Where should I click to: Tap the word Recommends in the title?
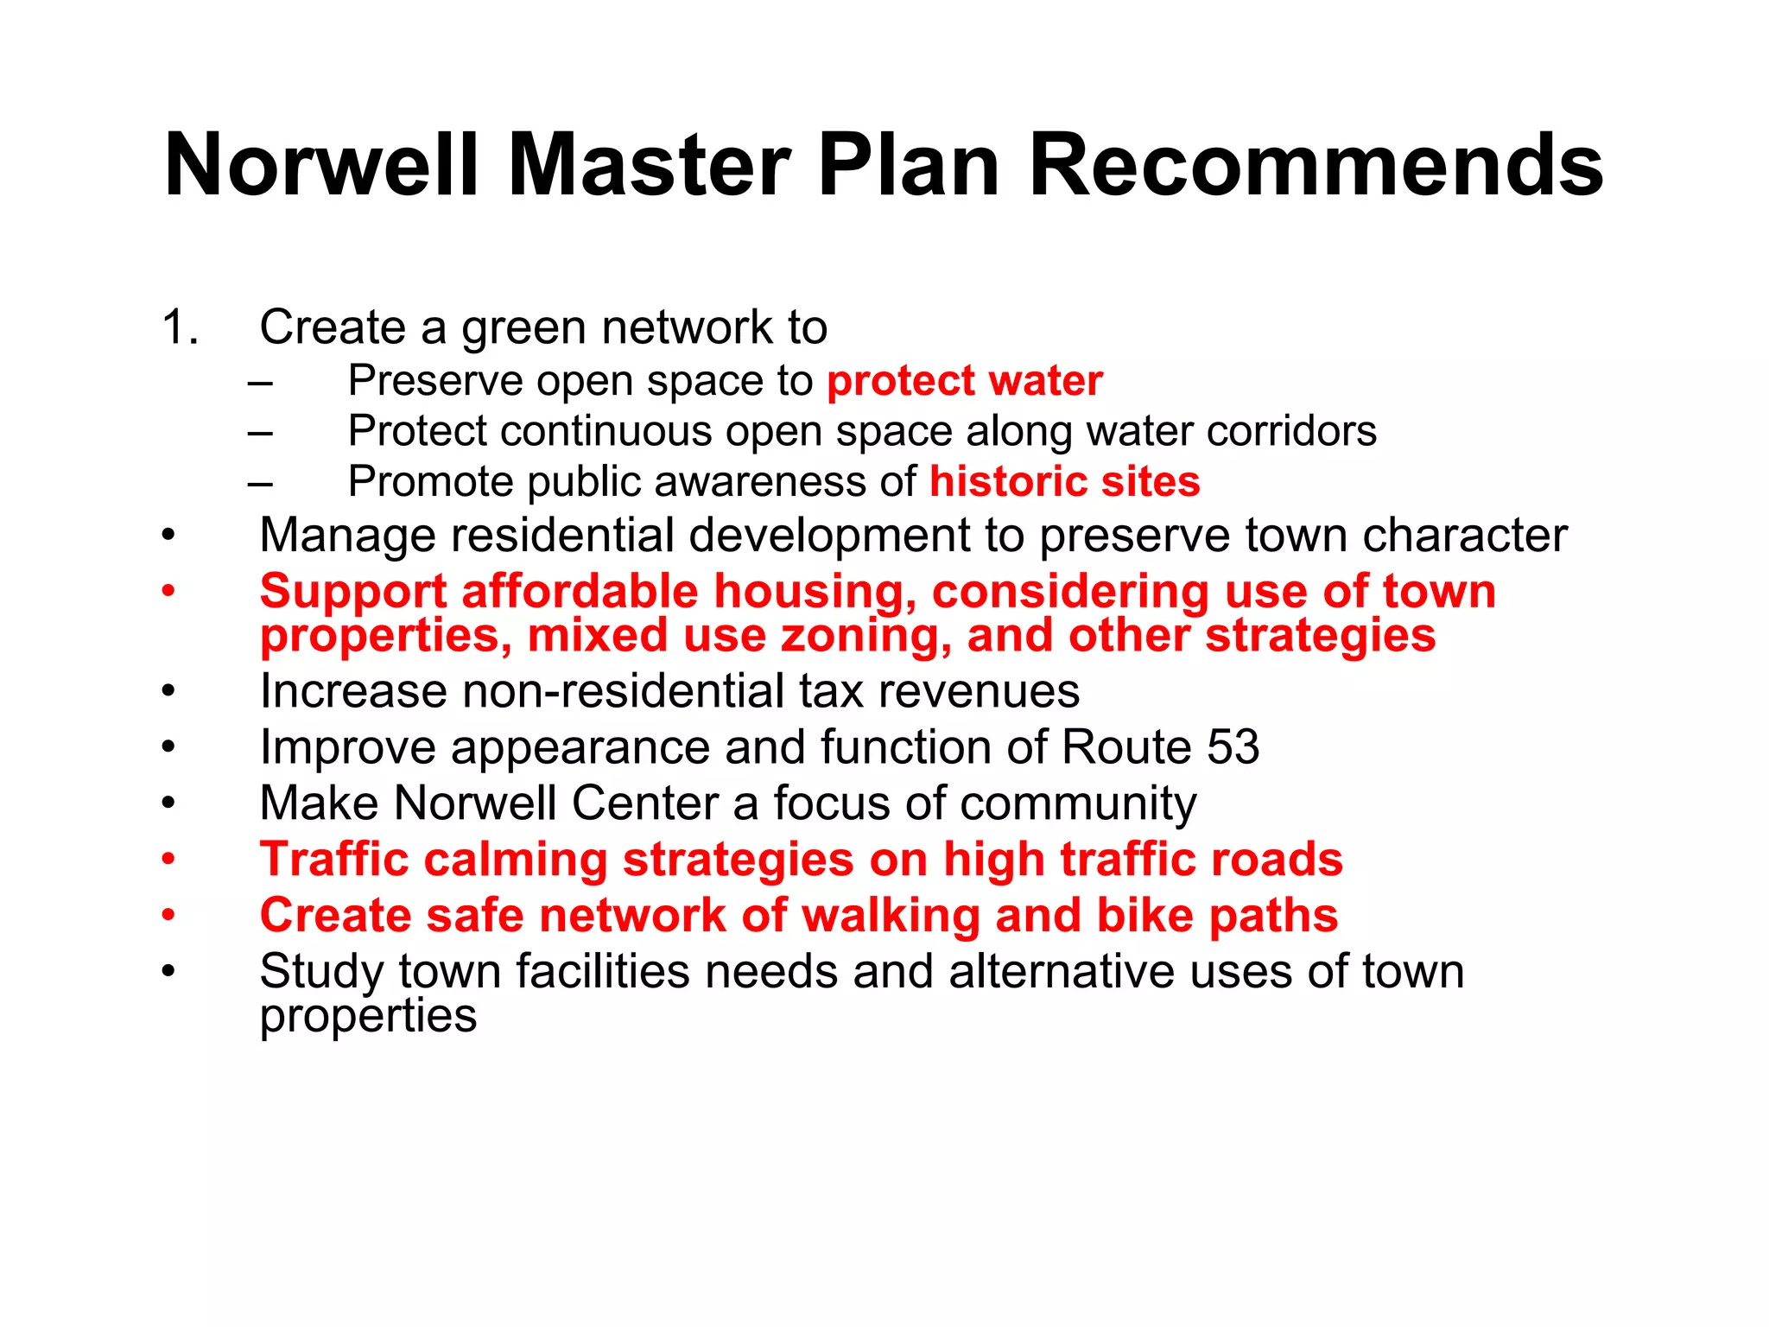(x=1316, y=165)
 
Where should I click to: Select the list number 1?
(x=179, y=327)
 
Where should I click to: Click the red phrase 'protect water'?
(x=965, y=381)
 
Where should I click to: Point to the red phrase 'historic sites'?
(x=1064, y=481)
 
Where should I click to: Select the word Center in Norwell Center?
(x=644, y=803)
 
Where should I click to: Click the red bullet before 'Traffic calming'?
(x=168, y=860)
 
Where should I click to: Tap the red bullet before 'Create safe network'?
(x=168, y=915)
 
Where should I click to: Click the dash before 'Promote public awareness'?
(x=260, y=482)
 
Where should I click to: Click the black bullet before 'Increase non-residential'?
(x=168, y=691)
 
